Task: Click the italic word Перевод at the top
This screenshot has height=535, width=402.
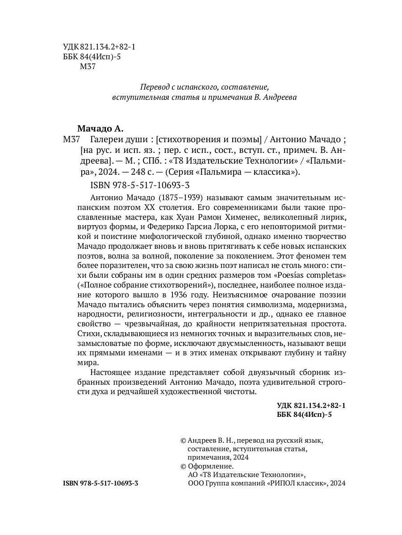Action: (155, 86)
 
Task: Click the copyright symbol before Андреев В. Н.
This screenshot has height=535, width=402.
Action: (183, 440)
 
